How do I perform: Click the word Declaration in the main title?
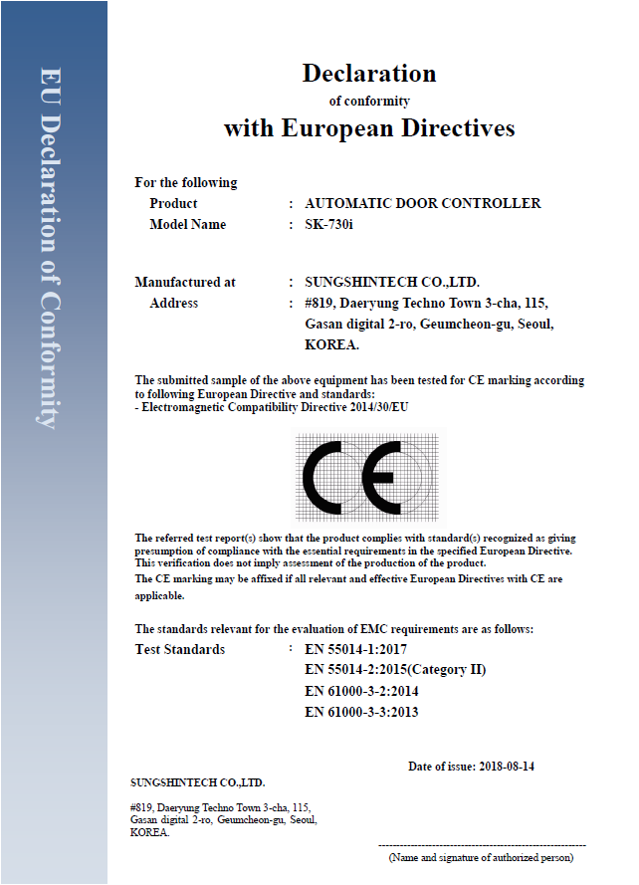[x=368, y=73]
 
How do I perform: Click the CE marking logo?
[x=367, y=477]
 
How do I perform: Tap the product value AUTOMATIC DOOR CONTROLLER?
[x=422, y=203]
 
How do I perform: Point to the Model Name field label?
[x=187, y=225]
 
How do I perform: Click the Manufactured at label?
[x=185, y=283]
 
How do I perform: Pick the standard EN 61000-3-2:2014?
[x=361, y=691]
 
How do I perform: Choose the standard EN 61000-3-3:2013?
[x=361, y=712]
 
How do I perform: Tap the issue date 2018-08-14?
[x=507, y=767]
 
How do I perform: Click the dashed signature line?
[x=483, y=845]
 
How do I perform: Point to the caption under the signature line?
[x=481, y=856]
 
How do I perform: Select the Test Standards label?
[x=179, y=650]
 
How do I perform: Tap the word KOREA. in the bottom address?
[x=149, y=832]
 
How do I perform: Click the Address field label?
[x=173, y=304]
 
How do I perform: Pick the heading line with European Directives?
[x=368, y=128]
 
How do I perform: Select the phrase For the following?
[x=186, y=183]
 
